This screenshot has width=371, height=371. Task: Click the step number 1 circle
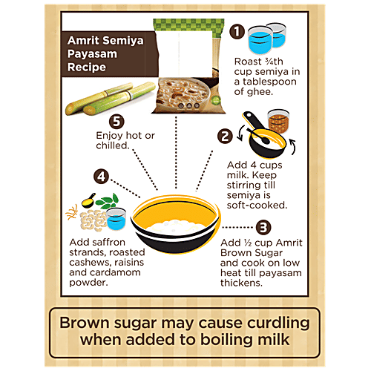(237, 31)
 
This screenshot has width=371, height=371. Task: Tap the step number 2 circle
(225, 137)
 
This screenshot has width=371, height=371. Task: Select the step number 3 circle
(263, 227)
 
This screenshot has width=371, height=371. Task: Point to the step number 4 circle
(101, 177)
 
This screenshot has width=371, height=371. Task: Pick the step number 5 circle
(116, 122)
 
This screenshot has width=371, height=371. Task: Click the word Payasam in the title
(92, 54)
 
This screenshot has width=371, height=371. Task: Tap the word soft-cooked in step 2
(257, 206)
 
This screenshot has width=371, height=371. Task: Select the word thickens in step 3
(241, 283)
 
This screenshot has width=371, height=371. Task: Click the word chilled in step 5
(113, 145)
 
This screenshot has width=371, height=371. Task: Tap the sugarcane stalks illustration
(110, 99)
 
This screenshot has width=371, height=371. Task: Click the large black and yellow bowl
(175, 225)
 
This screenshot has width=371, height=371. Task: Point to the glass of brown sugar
(278, 121)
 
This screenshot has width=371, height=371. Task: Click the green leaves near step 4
(108, 201)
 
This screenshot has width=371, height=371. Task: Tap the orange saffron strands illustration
(72, 213)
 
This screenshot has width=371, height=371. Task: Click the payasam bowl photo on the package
(184, 94)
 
